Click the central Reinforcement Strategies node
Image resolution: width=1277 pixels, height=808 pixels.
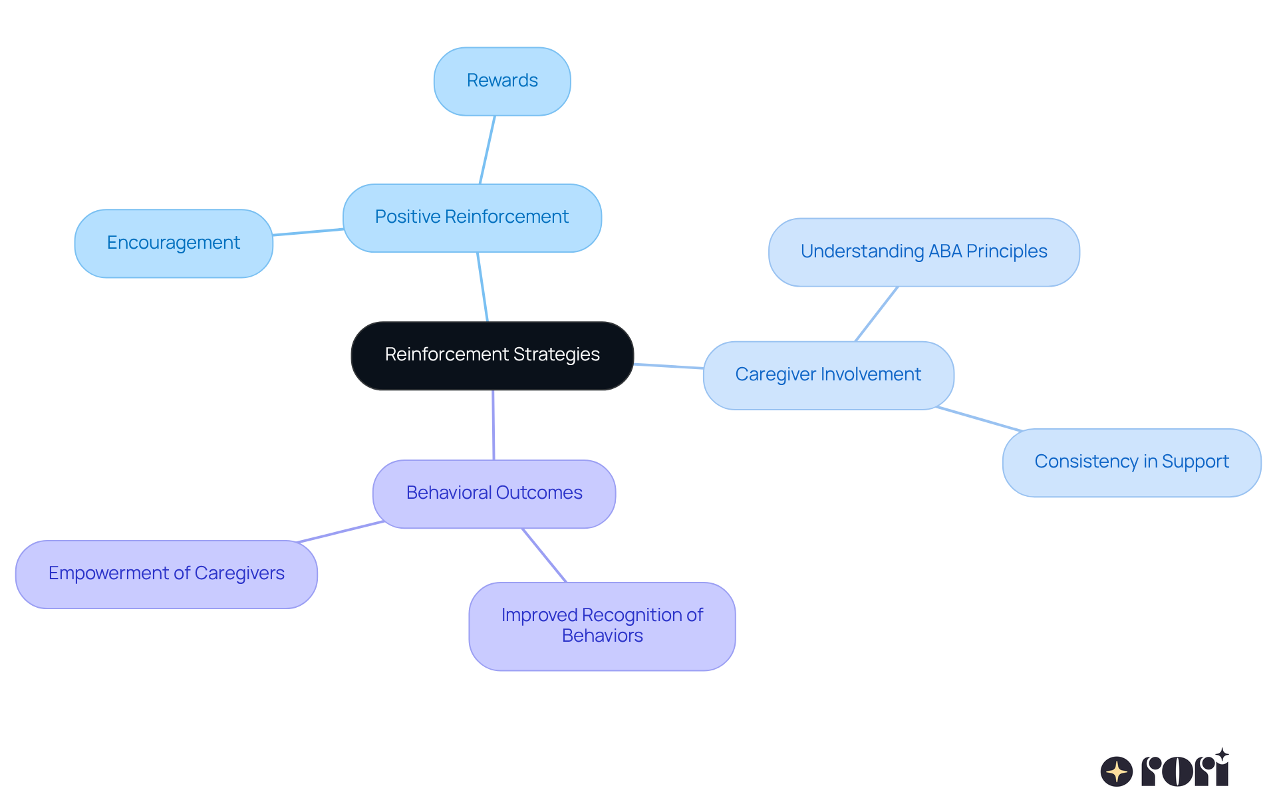[x=492, y=355]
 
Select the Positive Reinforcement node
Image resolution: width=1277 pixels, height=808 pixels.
[x=472, y=217]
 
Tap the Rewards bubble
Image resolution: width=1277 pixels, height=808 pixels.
[x=502, y=81]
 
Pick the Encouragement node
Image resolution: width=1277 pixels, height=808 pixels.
[x=174, y=243]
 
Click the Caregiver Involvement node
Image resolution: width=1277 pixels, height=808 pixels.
[x=828, y=375]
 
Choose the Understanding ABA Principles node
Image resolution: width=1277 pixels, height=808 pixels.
[x=923, y=252]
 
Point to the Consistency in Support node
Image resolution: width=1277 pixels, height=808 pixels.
[x=1131, y=462]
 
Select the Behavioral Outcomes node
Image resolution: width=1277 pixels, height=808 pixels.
[x=494, y=493]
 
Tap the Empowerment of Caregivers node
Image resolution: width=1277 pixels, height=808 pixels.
[x=166, y=573]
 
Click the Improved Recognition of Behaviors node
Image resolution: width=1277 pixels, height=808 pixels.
[x=602, y=626]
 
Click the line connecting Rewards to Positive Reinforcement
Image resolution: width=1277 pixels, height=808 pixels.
[x=488, y=150]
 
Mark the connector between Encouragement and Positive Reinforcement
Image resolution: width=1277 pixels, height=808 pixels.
[x=308, y=231]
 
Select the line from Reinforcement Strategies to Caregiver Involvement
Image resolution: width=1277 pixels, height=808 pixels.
[x=668, y=366]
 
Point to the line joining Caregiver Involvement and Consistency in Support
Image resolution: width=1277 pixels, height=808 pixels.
[x=978, y=419]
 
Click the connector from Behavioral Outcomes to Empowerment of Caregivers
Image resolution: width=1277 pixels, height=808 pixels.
[x=341, y=531]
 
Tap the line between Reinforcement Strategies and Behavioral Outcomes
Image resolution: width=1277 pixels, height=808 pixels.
[x=493, y=425]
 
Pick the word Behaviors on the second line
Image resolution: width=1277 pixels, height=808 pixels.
[x=602, y=636]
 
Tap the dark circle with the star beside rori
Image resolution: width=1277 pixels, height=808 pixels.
[x=1116, y=771]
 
